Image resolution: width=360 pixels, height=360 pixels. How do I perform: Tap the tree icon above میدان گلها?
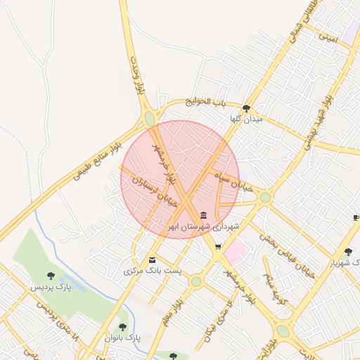pos(246,108)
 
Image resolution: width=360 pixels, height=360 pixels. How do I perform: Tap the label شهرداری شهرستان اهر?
pos(204,227)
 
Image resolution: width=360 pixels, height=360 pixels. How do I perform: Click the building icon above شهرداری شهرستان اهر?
pos(204,215)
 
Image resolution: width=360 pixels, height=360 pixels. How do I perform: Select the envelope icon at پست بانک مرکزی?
pos(153,259)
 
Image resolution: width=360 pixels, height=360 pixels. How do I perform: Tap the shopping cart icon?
pos(218,247)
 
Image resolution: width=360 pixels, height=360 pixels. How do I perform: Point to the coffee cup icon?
pos(356,218)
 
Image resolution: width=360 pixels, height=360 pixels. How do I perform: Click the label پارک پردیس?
pos(51,288)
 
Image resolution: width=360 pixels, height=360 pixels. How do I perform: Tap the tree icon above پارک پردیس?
pos(50,276)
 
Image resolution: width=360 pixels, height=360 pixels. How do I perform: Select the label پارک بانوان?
pos(123,338)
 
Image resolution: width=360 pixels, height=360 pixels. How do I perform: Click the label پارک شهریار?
pos(345,263)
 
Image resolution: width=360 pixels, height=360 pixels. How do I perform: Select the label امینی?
pos(328,34)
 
